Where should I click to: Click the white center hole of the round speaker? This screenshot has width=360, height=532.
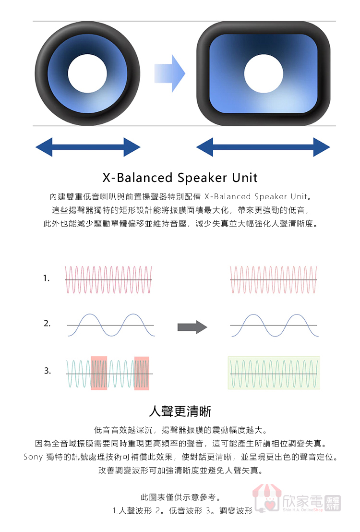[87, 74]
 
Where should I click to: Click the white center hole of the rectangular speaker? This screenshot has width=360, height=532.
[264, 74]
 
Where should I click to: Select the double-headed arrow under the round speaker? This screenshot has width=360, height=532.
[88, 147]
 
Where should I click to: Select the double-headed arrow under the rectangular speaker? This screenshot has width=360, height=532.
[263, 147]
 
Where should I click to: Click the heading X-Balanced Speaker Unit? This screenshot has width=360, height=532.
[180, 178]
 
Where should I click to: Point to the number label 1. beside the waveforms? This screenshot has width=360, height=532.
[46, 278]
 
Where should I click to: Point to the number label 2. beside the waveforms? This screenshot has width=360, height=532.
[47, 324]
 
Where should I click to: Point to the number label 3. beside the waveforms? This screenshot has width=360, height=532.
[47, 371]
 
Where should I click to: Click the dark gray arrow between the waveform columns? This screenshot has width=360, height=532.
[192, 327]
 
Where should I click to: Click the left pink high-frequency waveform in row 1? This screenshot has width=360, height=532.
[108, 279]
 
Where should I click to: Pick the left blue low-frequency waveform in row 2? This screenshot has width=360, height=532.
[110, 326]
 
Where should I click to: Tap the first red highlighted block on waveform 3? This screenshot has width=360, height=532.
[99, 373]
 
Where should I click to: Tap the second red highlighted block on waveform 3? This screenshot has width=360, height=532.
[142, 373]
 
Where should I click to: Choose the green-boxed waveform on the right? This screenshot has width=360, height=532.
[274, 373]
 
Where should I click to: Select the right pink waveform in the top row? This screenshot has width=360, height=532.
[274, 279]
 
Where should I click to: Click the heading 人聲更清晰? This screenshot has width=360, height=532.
[180, 411]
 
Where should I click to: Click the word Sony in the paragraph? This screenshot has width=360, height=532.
[33, 457]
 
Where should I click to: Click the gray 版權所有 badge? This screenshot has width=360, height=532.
[333, 503]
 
